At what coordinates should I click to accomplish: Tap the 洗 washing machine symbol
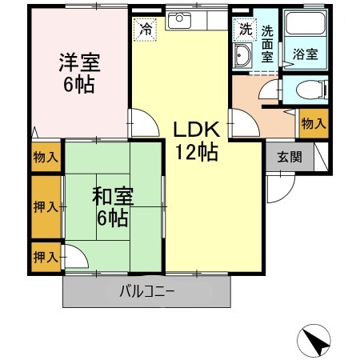click(x=243, y=29)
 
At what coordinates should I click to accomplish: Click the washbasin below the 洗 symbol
click(x=243, y=54)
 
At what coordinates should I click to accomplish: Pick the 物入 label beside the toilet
click(x=313, y=123)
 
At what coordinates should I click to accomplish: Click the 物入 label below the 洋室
click(x=45, y=157)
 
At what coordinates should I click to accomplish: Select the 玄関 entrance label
click(x=290, y=157)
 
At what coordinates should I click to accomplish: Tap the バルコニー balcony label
click(x=147, y=291)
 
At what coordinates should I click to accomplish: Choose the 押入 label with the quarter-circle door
click(x=46, y=257)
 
